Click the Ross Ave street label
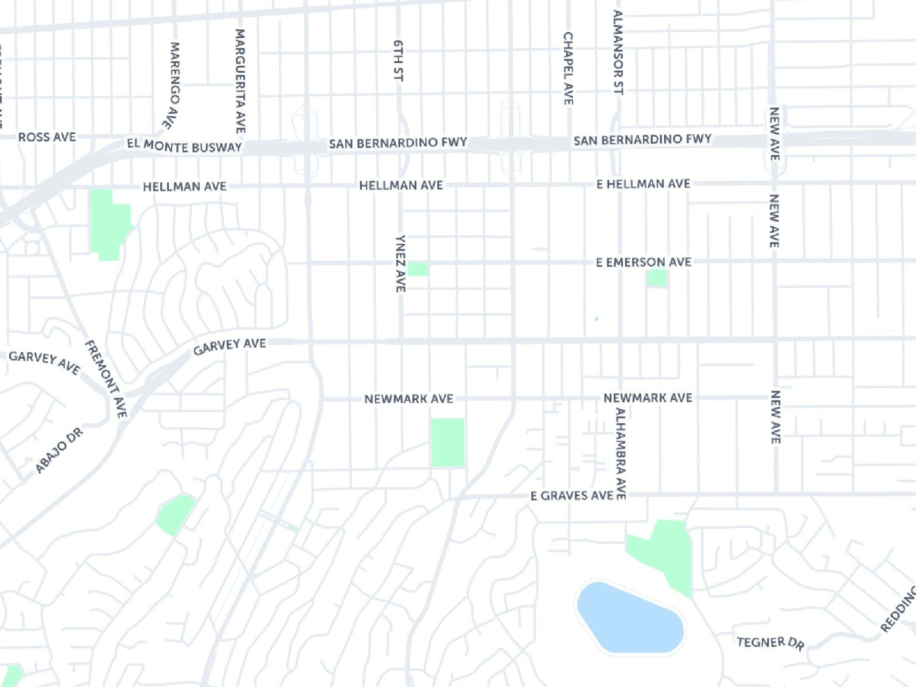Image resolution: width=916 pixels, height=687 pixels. [47, 137]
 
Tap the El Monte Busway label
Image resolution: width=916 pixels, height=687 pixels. [184, 146]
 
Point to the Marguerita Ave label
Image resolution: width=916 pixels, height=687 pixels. [240, 81]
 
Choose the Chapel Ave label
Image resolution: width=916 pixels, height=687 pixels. [568, 68]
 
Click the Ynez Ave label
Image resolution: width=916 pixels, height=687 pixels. [400, 264]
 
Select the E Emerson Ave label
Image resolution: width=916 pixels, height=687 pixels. [644, 262]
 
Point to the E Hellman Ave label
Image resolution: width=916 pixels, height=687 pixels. [643, 184]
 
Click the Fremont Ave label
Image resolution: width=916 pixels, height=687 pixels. [106, 379]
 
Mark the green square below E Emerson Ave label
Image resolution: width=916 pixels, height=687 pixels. [657, 278]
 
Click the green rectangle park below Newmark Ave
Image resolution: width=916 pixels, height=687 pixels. [448, 442]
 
